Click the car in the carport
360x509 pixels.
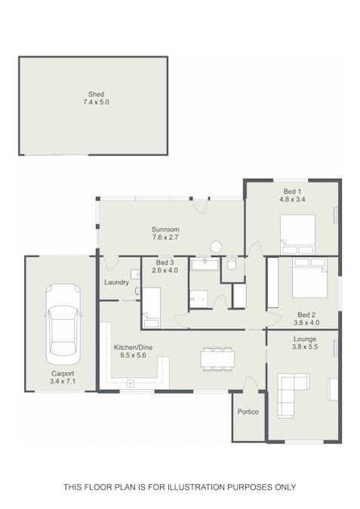point(63,323)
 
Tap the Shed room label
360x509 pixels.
point(96,94)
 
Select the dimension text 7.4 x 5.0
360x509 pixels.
point(96,102)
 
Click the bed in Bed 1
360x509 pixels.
point(297,234)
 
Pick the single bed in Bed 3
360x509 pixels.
point(151,307)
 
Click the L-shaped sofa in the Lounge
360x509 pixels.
point(290,393)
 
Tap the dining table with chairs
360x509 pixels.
point(217,358)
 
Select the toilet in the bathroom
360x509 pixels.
point(232,263)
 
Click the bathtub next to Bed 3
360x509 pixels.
point(205,264)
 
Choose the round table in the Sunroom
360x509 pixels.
point(216,247)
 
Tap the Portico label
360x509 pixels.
point(248,412)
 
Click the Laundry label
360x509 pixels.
point(116,283)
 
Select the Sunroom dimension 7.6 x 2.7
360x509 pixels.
point(165,238)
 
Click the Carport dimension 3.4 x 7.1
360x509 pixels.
point(63,382)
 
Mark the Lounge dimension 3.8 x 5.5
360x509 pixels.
point(305,348)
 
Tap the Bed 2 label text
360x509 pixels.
point(306,314)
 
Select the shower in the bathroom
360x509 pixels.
point(200,298)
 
